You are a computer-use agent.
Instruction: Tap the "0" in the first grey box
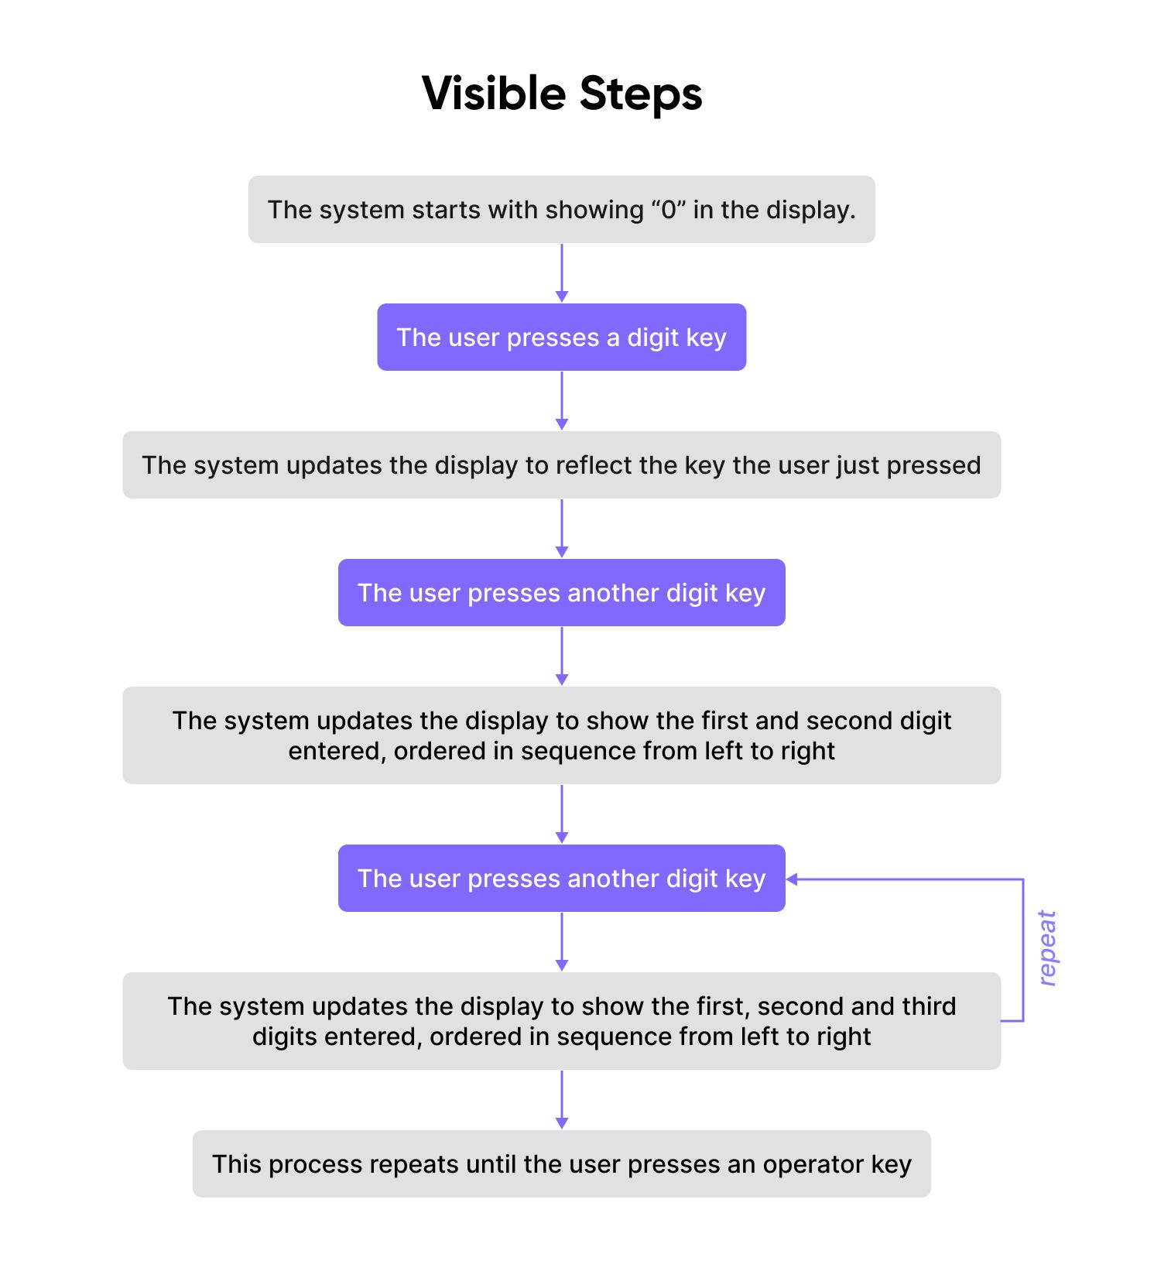coord(668,210)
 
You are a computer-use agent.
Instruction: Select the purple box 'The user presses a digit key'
coord(561,337)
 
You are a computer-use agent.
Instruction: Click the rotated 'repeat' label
coord(1046,947)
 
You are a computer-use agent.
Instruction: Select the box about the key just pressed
coord(561,465)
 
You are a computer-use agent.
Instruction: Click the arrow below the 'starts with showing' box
coord(562,272)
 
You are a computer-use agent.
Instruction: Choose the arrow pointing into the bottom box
coord(562,1100)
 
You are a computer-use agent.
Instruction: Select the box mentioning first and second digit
coord(561,735)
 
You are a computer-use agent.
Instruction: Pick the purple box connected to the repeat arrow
coord(561,878)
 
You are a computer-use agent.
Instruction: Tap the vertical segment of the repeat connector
coord(1023,949)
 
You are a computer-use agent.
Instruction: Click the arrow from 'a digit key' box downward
coord(562,400)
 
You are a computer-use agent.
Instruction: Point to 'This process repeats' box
coord(561,1163)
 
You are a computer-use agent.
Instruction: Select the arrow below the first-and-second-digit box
coord(562,814)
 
